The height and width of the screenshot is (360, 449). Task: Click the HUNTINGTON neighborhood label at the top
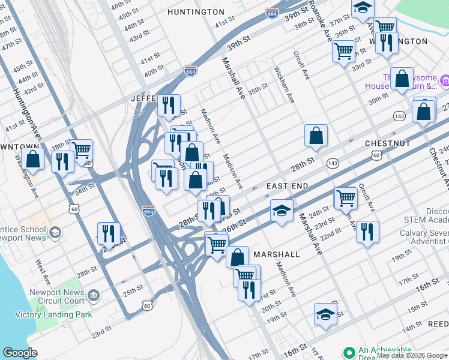point(196,12)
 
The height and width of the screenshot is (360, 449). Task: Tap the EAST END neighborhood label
point(287,187)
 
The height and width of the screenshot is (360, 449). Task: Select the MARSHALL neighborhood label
point(276,254)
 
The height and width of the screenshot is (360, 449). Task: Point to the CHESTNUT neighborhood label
point(387,144)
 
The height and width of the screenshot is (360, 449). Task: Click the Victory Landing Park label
point(55,314)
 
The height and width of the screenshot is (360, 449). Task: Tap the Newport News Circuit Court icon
point(93,295)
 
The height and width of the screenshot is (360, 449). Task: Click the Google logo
point(20,353)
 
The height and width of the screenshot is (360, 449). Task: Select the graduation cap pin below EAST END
point(282,211)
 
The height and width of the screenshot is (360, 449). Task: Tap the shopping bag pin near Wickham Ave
point(316,136)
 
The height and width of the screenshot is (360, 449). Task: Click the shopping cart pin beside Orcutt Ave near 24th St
point(346,197)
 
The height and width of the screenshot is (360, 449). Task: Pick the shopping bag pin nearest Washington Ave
point(34,158)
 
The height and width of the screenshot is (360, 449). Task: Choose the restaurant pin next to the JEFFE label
point(169,105)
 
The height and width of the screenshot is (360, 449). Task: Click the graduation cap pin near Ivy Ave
point(325,314)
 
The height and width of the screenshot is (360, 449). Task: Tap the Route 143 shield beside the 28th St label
point(333,163)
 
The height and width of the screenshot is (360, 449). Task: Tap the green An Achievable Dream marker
point(348,352)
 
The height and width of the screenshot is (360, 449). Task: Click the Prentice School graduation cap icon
point(55,233)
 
